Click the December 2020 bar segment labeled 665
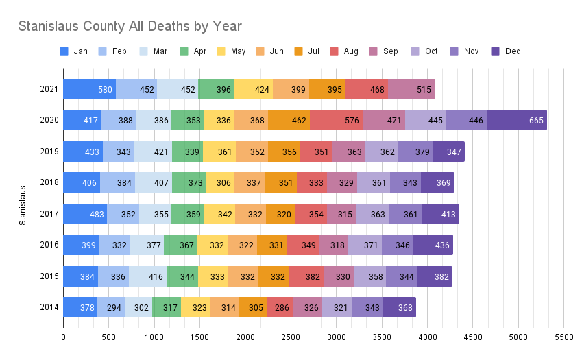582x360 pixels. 516,121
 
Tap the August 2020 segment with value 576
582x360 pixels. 336,121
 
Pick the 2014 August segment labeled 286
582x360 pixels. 280,308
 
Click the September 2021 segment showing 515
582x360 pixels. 411,89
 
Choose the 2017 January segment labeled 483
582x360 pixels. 85,214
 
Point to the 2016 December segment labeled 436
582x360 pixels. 433,245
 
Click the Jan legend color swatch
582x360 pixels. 64,51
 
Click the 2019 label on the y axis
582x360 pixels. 49,152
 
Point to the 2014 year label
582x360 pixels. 49,308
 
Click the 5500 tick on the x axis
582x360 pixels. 563,337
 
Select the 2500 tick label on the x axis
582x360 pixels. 291,337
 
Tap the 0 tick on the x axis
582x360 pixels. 63,337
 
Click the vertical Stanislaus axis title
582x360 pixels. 23,204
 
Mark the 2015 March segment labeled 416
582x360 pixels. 147,276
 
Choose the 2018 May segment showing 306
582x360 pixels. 219,183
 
